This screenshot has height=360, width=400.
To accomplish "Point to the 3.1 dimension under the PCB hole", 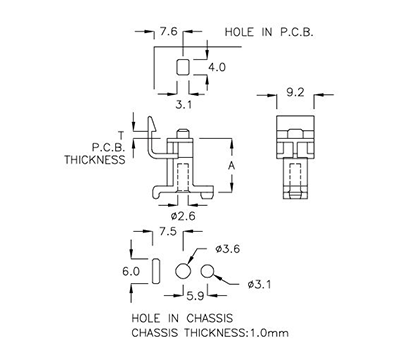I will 183,103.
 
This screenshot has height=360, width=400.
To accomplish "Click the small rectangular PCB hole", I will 182,68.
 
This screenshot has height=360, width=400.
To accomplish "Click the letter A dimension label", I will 232,165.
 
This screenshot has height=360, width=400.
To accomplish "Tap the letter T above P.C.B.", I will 120,134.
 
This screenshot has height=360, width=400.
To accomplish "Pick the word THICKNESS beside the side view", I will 95,159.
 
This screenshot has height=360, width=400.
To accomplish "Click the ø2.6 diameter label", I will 182,213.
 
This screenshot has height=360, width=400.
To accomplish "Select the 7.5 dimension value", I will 168,232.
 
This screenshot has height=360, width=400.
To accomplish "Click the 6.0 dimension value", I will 130,271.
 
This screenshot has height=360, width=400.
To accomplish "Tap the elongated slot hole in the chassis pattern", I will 155,271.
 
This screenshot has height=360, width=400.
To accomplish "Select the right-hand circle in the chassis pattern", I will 209,272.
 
